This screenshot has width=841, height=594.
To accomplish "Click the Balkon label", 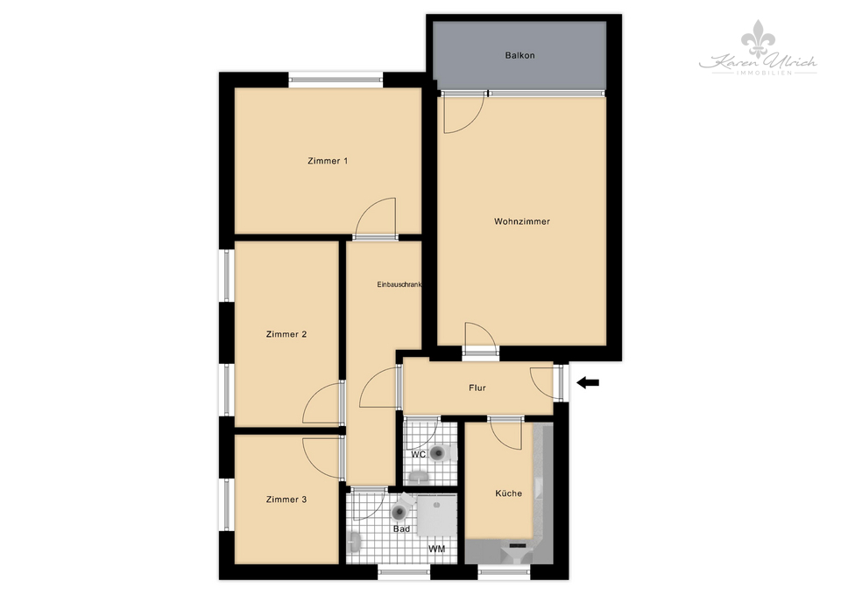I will pos(519,55).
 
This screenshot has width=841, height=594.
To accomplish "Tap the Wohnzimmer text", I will pos(521,221).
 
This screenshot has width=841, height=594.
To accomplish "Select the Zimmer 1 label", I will pos(328,161).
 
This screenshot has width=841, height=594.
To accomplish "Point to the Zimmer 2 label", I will pos(286,334).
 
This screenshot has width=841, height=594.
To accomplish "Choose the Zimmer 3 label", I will pos(286,500).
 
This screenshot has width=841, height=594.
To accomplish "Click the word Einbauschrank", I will pos(399,284).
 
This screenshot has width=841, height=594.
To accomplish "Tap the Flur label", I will pos(477,388).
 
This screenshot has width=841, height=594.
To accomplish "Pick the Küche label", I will pos(508,493).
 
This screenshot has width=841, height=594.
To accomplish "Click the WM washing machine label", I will pos(435,549).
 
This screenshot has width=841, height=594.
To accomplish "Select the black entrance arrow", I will pos(588,382).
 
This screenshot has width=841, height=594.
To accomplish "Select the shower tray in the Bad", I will pos(435,516).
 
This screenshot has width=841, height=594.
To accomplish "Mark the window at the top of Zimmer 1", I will pos(336,80).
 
